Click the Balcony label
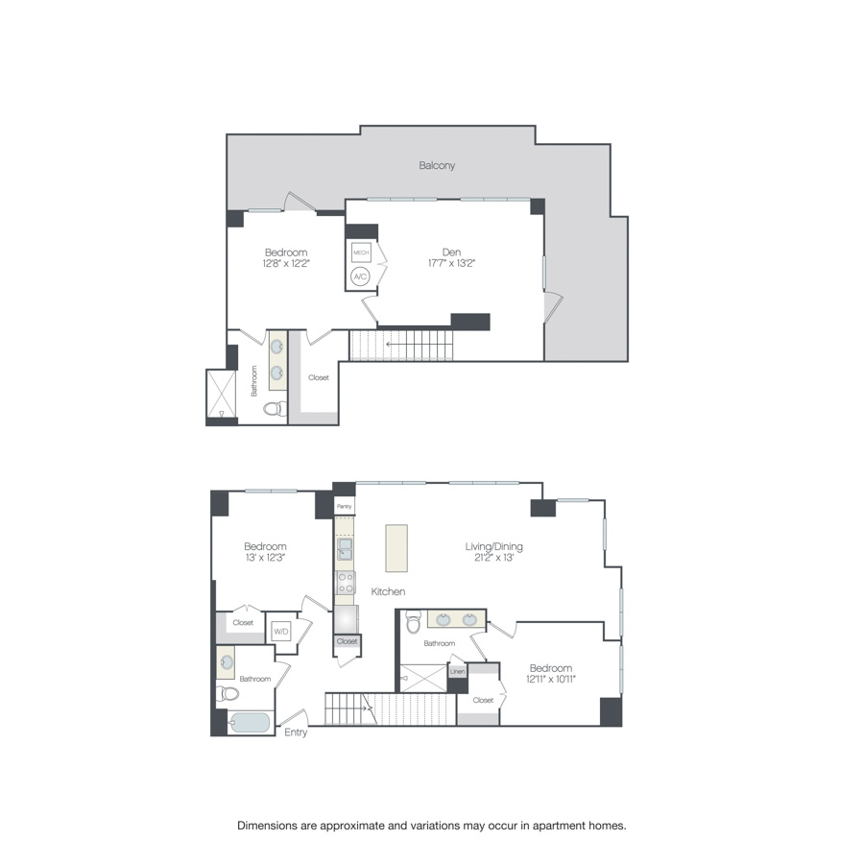437,165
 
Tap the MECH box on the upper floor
361,253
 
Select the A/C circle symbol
361,276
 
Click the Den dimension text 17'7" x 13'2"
452,263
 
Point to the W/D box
281,631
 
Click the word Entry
297,732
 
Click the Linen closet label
458,671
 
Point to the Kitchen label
389,592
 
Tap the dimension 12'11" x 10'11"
550,680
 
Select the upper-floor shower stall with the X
222,396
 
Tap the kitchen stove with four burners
345,581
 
